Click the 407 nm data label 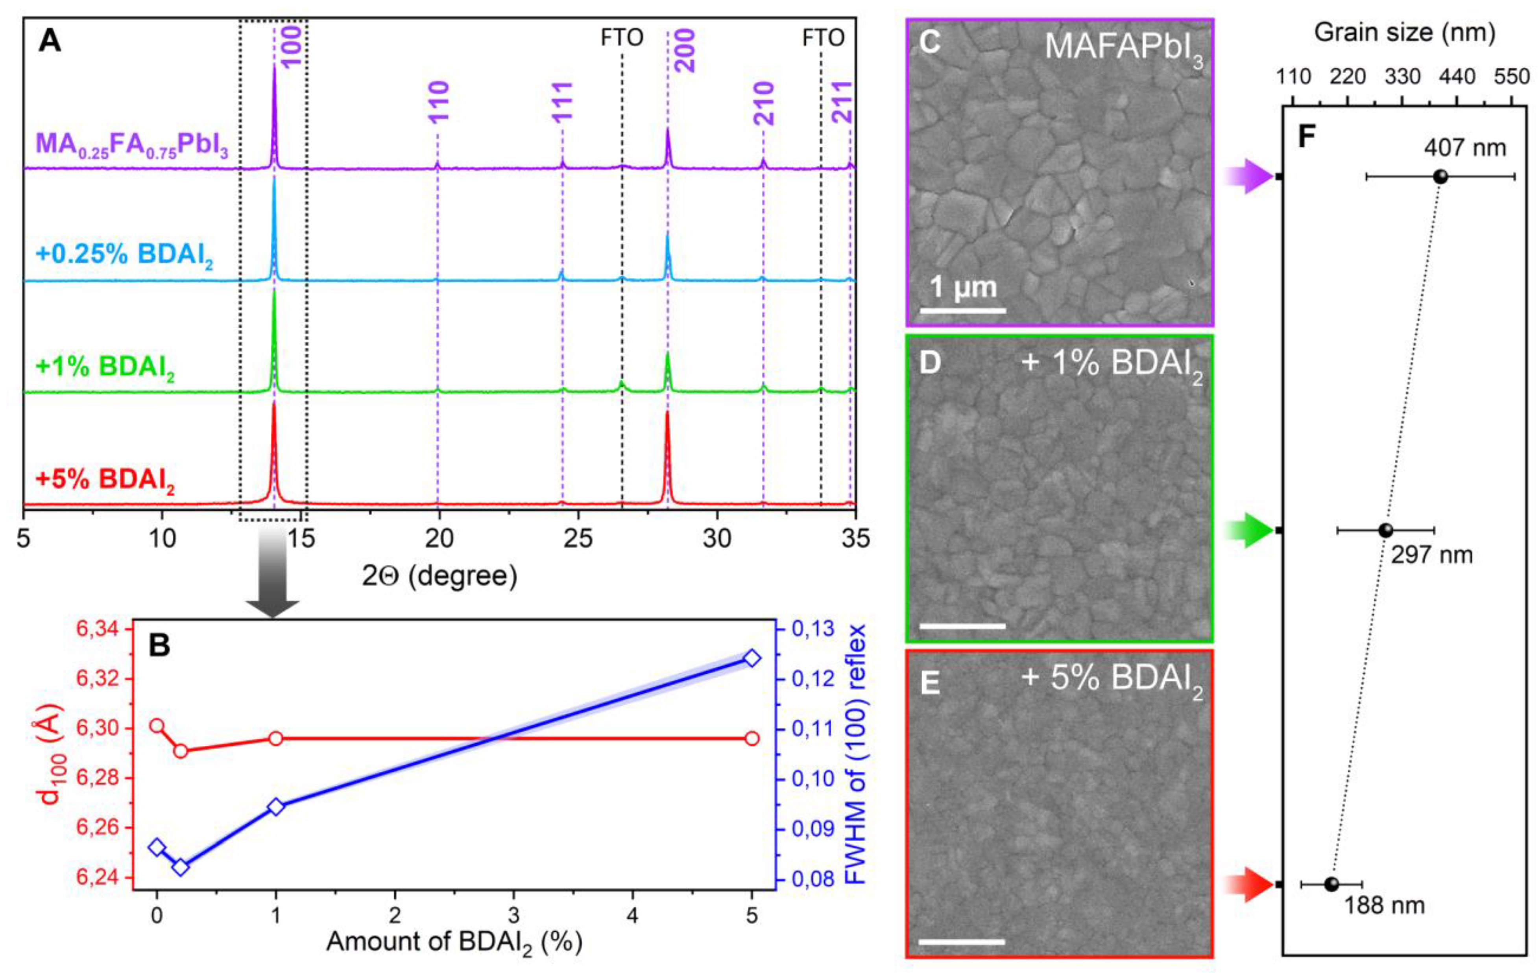tap(1464, 148)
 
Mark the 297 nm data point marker tap(1385, 530)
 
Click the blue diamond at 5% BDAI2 tap(752, 658)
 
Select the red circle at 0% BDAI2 tap(157, 726)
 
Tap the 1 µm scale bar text tap(963, 287)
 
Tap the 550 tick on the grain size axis tap(1512, 77)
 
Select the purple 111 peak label tap(562, 102)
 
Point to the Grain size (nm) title tap(1404, 32)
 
